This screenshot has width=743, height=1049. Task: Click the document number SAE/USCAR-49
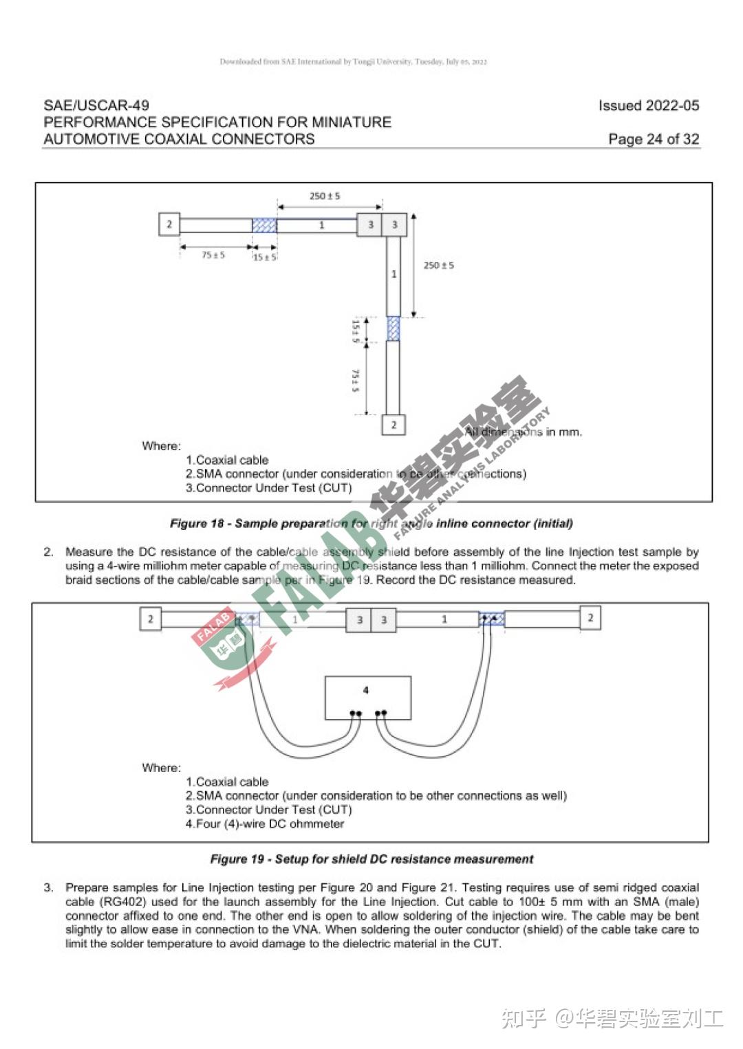tap(96, 105)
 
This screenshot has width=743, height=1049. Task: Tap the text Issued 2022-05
tap(648, 105)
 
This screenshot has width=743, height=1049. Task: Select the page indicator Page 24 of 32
tap(653, 139)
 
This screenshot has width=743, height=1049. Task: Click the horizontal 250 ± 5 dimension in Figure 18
tap(325, 196)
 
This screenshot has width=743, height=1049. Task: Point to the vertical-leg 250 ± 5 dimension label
tap(438, 265)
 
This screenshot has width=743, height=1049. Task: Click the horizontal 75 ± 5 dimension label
tap(213, 255)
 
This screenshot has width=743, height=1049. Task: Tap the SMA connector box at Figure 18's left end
tap(169, 224)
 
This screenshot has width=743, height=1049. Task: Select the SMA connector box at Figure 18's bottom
tap(394, 425)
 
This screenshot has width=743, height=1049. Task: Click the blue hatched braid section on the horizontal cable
tap(264, 225)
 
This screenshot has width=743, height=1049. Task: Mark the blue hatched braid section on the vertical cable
tap(394, 329)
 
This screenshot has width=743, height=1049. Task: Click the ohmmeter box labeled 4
tap(368, 697)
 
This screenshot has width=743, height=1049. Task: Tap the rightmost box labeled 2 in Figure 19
tap(590, 617)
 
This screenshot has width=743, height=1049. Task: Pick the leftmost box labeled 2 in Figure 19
tap(151, 619)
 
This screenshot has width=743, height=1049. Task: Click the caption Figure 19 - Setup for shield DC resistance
tap(371, 859)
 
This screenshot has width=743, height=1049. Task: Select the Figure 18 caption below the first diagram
tap(371, 524)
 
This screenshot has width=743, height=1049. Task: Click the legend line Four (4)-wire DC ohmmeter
tap(265, 824)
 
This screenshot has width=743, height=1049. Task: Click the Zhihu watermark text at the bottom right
tap(612, 1018)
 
